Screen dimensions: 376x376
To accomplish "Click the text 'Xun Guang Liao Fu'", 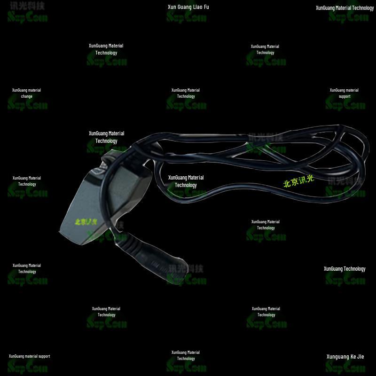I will coord(188,7).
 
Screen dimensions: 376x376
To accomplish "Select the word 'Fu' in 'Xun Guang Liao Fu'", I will coord(206,7).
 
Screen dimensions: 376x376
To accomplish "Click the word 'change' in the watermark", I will coord(27,96).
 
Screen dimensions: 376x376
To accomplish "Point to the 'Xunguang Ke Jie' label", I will coord(345,357).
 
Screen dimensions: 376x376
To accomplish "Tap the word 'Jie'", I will coord(360,357).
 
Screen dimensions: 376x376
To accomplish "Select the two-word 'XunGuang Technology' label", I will coord(344,269).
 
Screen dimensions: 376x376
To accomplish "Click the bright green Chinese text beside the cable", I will coord(298,181).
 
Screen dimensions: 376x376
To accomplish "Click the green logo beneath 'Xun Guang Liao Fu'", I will coord(187,17).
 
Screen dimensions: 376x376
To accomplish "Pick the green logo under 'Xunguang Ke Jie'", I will coord(346,367).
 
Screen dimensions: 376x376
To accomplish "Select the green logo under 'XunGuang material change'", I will coord(27,105).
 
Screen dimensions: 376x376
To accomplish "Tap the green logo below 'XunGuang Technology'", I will coord(346,279).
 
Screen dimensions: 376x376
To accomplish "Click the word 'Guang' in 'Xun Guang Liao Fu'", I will coord(181,7).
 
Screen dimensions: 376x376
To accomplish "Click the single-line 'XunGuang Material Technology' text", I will coord(345,8).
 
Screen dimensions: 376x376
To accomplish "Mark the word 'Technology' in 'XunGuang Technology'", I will coord(354,269).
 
